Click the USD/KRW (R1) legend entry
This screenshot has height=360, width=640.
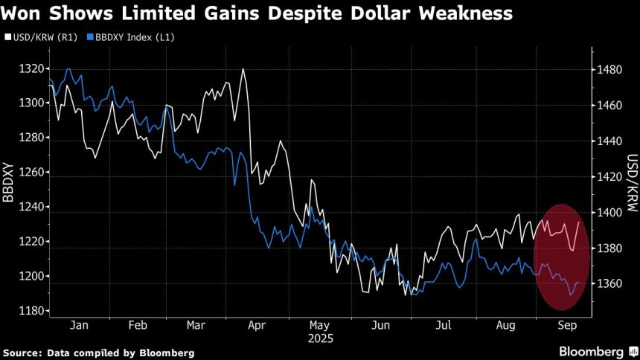pyautogui.click(x=38, y=36)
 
